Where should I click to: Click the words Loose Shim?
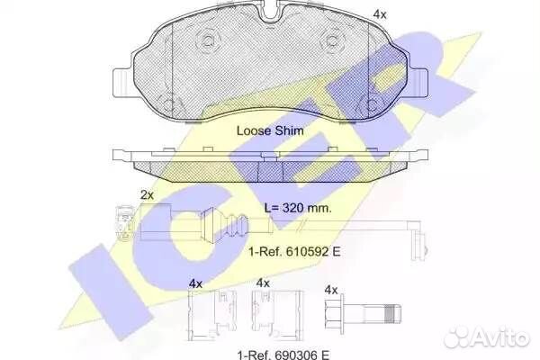(270, 130)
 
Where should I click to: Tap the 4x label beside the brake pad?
(380, 14)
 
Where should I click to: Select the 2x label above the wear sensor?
(147, 195)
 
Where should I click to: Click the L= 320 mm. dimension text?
(298, 208)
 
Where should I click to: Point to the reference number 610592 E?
(308, 251)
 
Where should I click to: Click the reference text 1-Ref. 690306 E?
(283, 355)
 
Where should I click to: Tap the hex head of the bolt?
(334, 314)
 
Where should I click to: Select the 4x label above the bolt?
(331, 291)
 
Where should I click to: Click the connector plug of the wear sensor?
(123, 223)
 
